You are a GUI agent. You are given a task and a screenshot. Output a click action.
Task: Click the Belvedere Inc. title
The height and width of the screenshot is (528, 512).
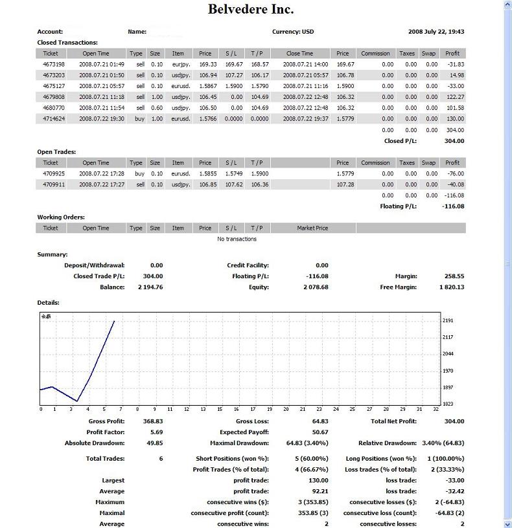click(x=251, y=9)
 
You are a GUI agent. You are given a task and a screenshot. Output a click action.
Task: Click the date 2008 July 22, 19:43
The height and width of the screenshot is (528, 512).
click(x=436, y=32)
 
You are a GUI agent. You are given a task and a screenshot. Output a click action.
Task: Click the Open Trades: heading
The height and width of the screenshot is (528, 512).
click(x=56, y=152)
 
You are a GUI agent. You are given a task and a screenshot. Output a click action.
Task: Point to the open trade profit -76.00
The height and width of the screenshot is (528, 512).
click(x=455, y=173)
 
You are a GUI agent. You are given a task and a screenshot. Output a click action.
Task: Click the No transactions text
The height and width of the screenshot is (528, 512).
click(x=237, y=239)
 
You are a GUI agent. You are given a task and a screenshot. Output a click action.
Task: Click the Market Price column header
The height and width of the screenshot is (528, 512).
click(x=312, y=228)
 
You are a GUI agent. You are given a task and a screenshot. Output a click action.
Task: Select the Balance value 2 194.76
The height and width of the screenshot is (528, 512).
click(x=150, y=287)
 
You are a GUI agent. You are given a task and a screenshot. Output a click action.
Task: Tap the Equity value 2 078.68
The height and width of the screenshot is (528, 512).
click(x=316, y=287)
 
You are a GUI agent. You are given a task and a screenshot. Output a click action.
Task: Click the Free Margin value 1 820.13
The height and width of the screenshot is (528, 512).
click(x=450, y=287)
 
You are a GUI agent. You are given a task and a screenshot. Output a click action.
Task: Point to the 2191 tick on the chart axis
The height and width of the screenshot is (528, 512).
click(x=448, y=320)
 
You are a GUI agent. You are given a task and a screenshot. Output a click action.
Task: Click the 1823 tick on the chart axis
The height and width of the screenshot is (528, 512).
click(x=448, y=404)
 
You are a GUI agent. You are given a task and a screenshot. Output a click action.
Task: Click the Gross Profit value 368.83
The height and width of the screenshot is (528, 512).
click(x=152, y=421)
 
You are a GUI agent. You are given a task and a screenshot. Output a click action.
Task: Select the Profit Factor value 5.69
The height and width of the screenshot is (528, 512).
click(x=156, y=432)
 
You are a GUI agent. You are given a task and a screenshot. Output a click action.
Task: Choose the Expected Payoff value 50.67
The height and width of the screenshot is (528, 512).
click(x=320, y=432)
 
